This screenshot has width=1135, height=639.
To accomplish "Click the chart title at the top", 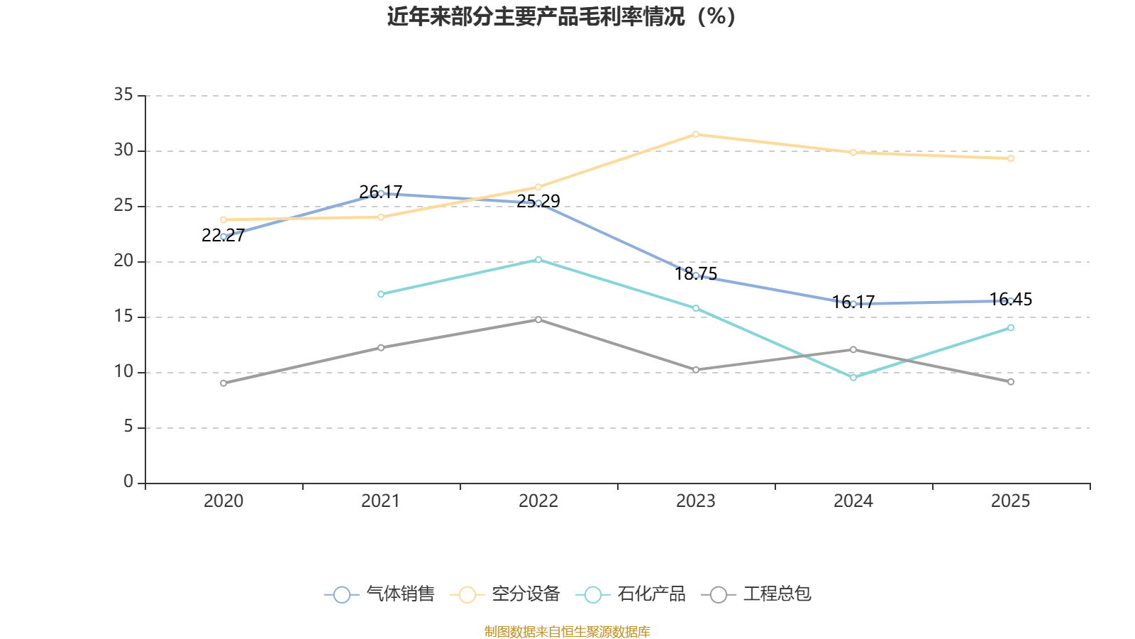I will (x=561, y=16).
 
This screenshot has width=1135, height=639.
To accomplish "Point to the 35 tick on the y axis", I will (x=123, y=95).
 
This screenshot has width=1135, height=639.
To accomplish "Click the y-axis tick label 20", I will (x=123, y=261).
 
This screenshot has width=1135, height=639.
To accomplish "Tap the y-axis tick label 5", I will (x=128, y=427).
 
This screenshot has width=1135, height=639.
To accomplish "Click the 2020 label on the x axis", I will (x=223, y=501).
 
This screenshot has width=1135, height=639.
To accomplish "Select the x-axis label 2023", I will (x=696, y=501).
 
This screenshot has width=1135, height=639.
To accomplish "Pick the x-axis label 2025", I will (x=1010, y=501).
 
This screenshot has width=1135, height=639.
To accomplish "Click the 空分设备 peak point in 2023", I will (x=696, y=134).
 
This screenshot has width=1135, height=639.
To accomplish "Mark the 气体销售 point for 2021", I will (x=381, y=193).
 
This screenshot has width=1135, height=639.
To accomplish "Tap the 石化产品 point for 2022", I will (x=538, y=260).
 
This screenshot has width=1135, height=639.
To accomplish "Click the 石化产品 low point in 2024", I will (x=853, y=378).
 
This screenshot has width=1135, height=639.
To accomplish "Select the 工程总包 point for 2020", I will (x=223, y=383).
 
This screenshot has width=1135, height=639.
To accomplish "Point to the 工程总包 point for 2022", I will (x=538, y=319).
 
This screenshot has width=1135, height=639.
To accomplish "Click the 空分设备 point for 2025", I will (x=1011, y=158).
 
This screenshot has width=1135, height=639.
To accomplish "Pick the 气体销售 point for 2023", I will (x=696, y=275).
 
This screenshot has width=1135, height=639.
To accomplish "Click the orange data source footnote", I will (x=567, y=631).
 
